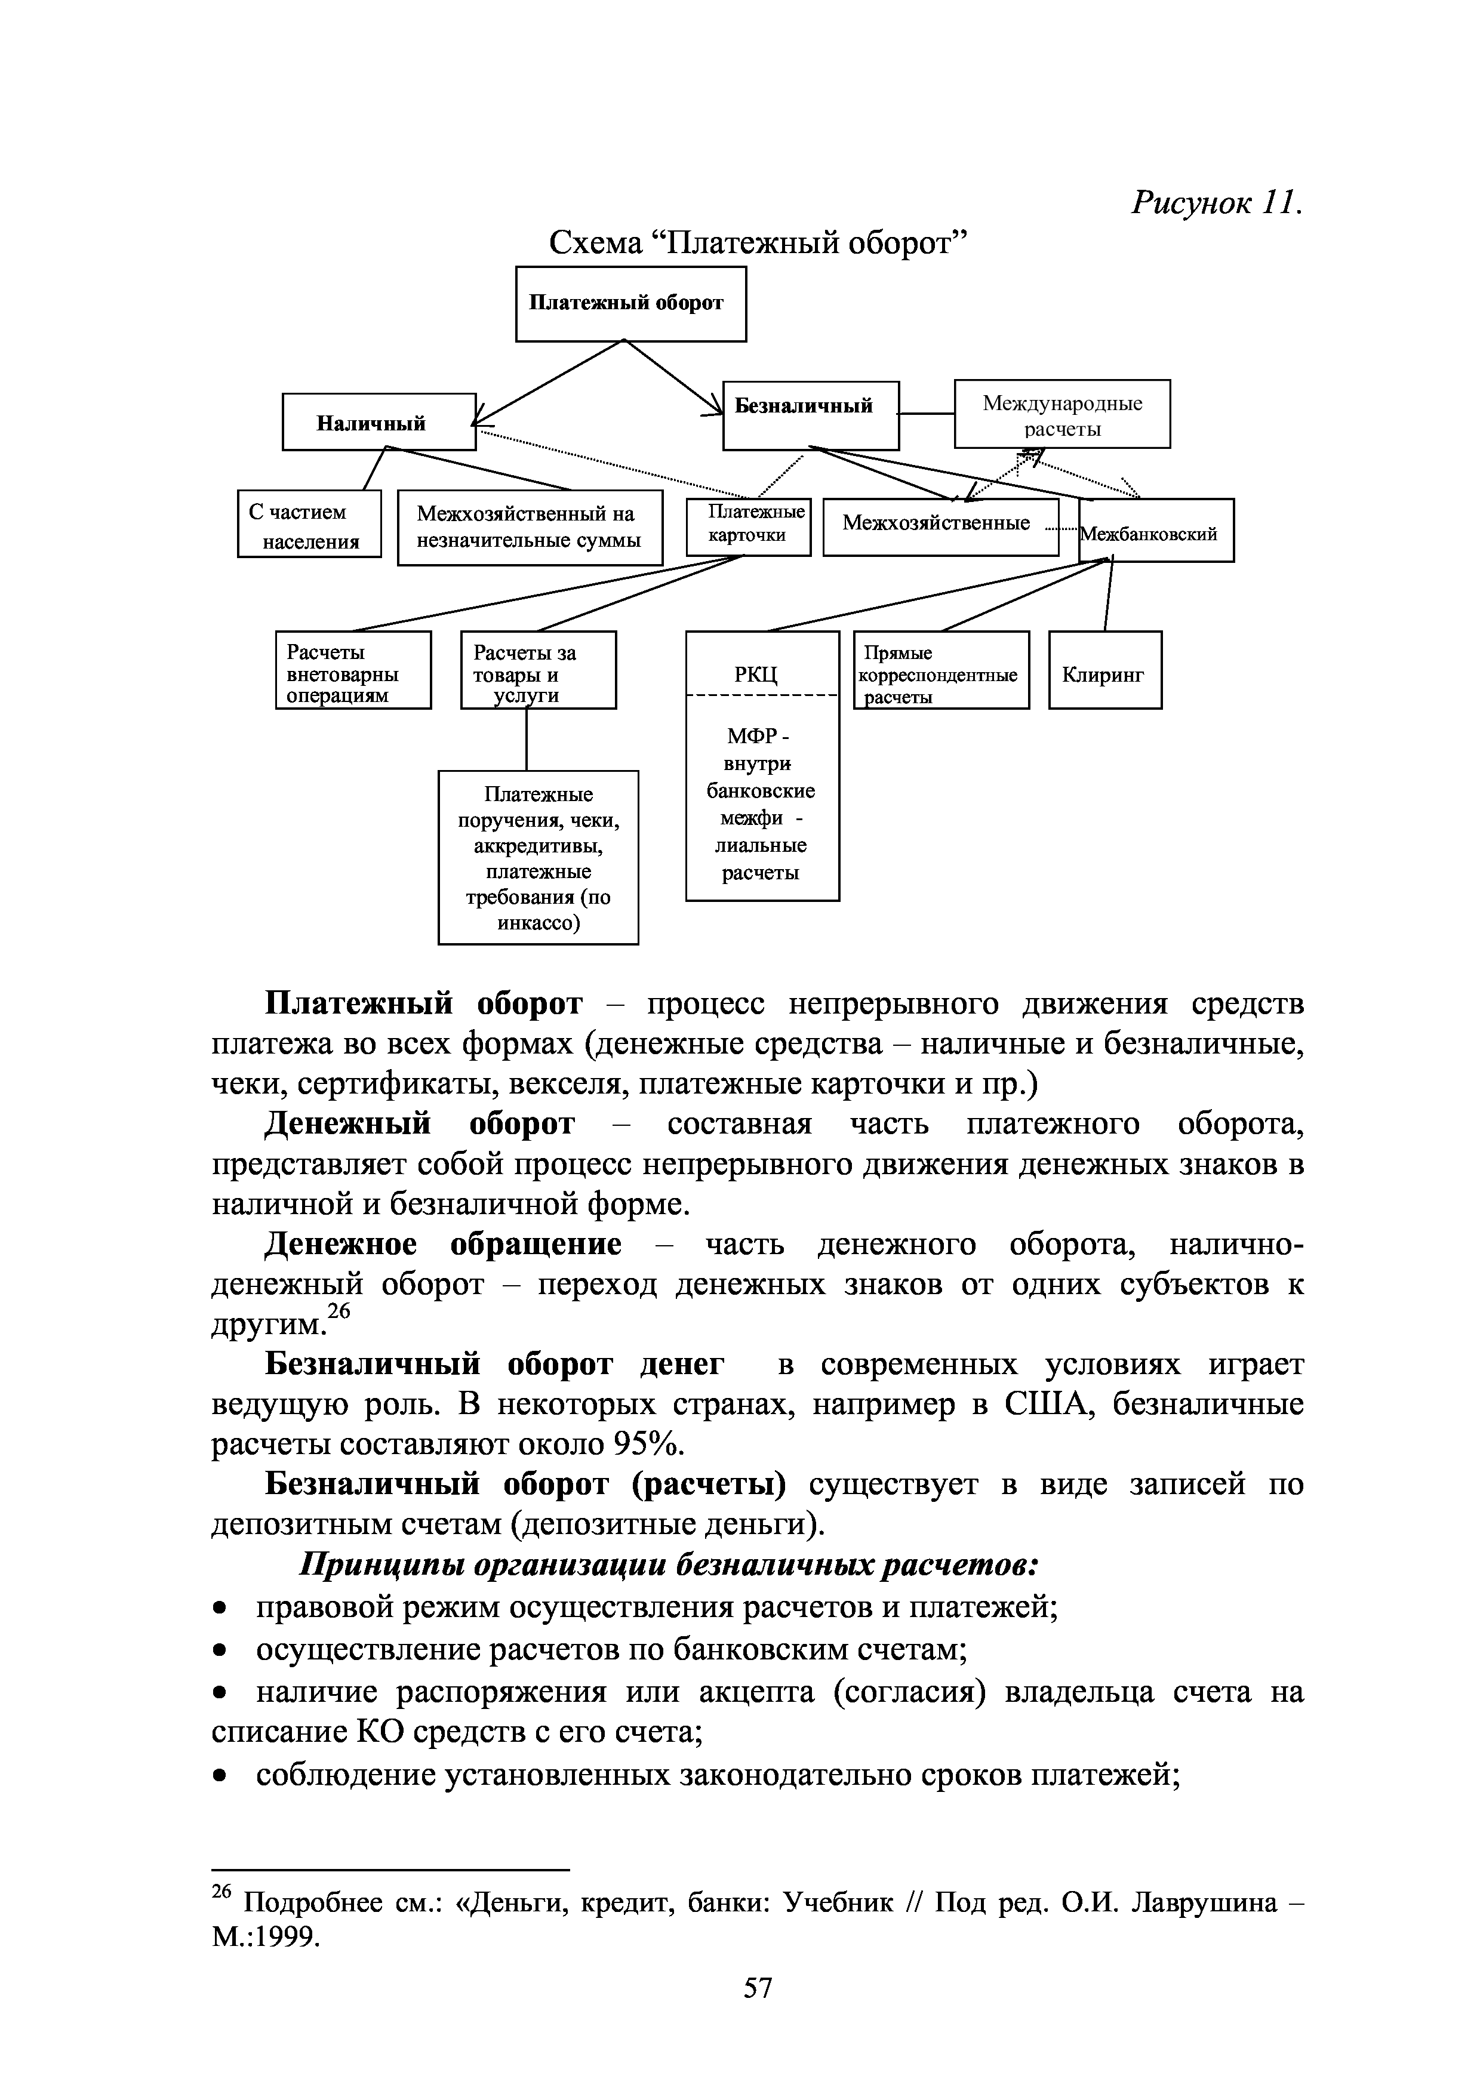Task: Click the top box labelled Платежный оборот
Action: [x=630, y=304]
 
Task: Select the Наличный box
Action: [x=379, y=422]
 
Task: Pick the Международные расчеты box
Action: [x=1061, y=415]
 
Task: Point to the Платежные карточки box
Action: [x=747, y=527]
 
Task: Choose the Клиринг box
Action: [x=1104, y=670]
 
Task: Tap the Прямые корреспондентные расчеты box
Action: [x=940, y=670]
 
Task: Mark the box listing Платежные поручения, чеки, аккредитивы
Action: [x=538, y=857]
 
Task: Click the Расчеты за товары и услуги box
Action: [x=538, y=670]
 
